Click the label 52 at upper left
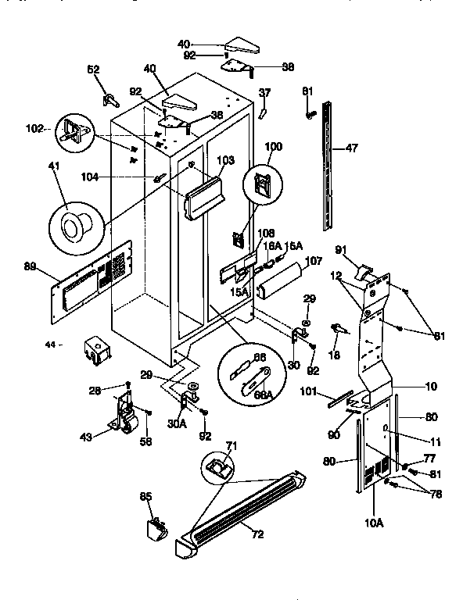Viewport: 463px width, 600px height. [94, 70]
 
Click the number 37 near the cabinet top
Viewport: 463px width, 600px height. [264, 92]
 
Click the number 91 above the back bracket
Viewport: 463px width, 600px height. [341, 250]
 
